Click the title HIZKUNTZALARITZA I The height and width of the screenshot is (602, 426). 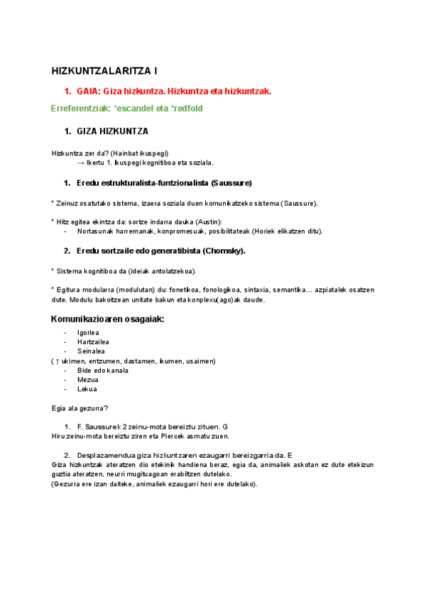(x=105, y=71)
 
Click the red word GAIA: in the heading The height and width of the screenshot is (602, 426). (x=89, y=92)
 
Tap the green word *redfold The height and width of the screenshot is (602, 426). (x=184, y=109)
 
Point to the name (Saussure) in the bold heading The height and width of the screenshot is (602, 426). (x=231, y=184)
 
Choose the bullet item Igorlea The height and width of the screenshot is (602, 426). (x=88, y=333)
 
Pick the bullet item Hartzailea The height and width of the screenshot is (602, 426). (x=92, y=342)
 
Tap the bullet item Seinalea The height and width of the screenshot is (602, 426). (x=90, y=351)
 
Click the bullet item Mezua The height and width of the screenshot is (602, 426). (x=87, y=380)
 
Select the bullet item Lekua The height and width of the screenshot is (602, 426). (x=87, y=389)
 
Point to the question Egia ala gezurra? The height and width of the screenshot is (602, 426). (x=80, y=408)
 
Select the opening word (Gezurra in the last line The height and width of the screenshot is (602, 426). (x=67, y=483)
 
